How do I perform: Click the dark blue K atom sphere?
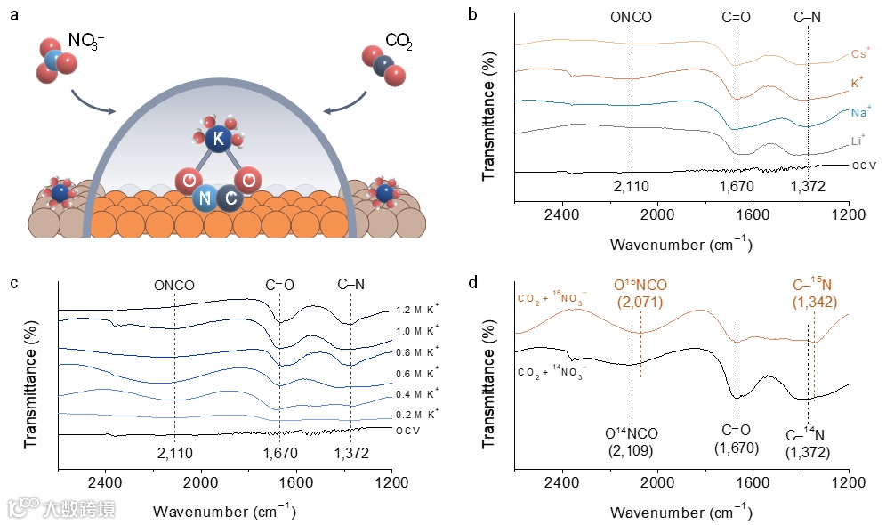tap(217, 140)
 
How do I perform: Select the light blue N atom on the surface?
tap(205, 198)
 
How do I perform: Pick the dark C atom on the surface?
tap(230, 198)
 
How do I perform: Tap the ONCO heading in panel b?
tap(631, 15)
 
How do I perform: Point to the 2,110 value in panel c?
tap(174, 454)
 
